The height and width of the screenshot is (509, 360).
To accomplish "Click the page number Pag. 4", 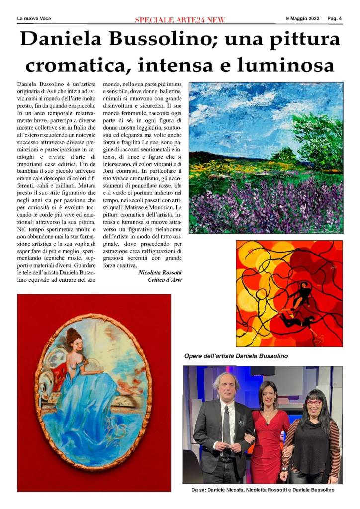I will (335, 19).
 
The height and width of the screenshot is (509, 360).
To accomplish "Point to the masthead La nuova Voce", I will (34, 19).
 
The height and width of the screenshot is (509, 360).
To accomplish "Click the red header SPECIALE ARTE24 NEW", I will (180, 20).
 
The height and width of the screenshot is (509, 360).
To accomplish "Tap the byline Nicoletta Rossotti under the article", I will (160, 272).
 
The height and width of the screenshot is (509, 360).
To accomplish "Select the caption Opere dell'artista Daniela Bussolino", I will (236, 356).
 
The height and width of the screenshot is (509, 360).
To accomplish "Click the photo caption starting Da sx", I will (263, 490).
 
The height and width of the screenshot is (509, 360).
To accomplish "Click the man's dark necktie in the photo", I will (227, 427).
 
